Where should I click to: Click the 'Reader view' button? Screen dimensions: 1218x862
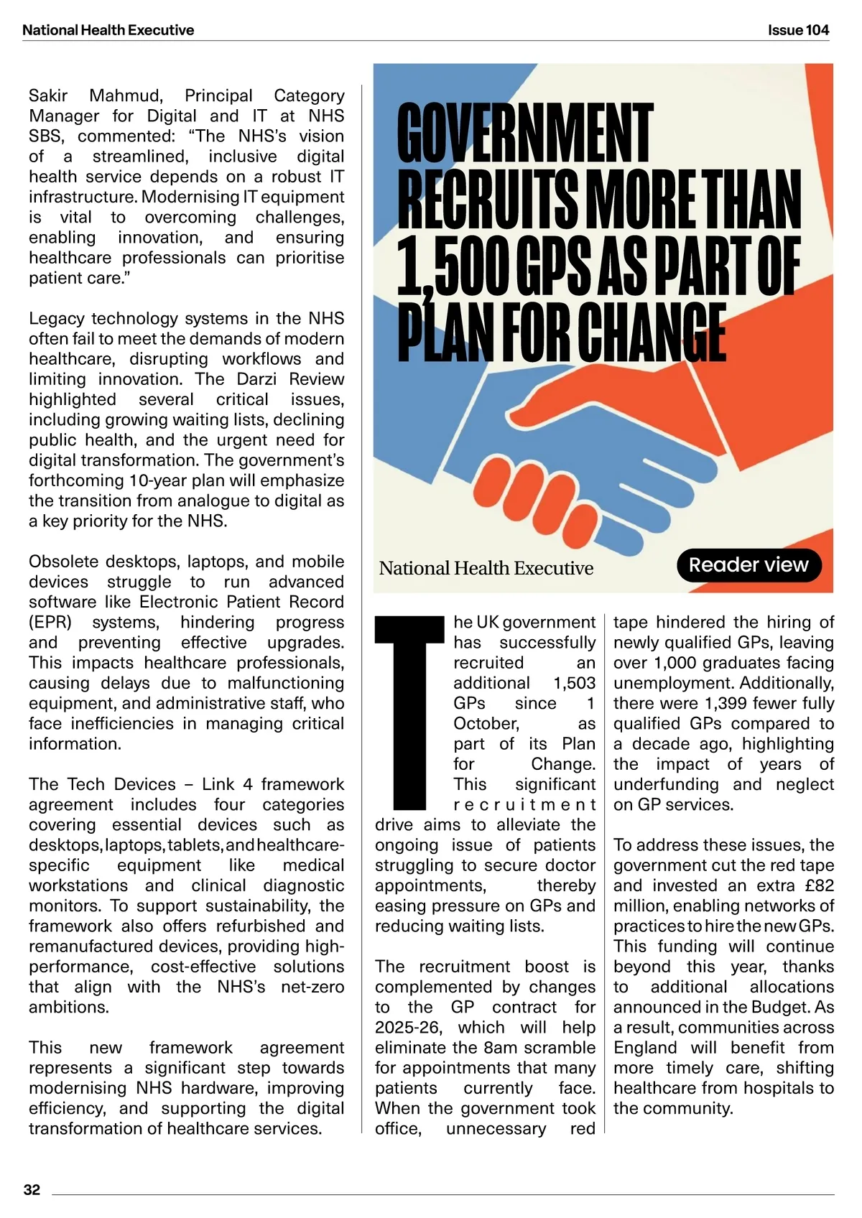(749, 565)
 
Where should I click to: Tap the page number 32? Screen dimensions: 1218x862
(32, 1189)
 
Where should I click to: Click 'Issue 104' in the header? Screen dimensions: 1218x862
(797, 30)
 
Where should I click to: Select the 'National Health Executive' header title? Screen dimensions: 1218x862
(108, 30)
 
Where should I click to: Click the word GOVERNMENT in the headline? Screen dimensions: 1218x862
(525, 134)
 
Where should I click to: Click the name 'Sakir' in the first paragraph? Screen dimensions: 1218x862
(48, 96)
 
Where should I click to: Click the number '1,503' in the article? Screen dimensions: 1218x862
(574, 683)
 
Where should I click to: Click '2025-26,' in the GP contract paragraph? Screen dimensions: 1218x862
(408, 1027)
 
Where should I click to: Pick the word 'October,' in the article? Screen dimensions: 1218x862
(486, 723)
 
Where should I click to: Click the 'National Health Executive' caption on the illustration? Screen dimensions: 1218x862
(486, 568)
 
